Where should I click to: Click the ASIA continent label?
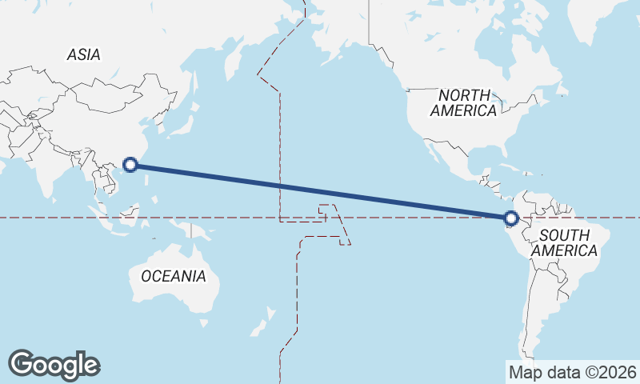pos(83,54)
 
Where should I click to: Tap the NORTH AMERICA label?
pos(463,103)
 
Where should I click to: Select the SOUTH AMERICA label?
pos(565,242)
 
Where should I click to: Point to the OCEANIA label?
pos(174,276)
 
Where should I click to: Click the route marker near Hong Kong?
pos(132,166)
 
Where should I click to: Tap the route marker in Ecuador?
pos(512,217)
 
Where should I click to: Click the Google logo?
pos(54,364)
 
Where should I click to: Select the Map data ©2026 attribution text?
pos(572,372)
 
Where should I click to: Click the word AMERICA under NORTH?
pos(463,111)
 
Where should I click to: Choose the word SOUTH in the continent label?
pos(565,235)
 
